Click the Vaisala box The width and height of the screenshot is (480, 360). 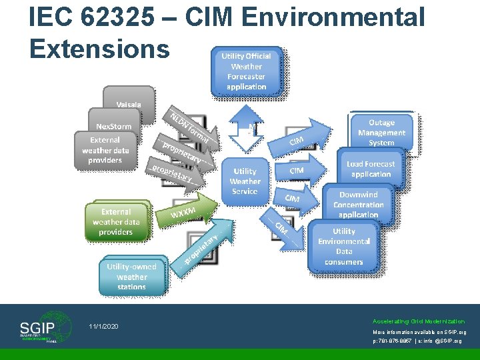[128, 104]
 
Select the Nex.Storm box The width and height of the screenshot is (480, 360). [114, 126]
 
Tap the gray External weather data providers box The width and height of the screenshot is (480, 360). [105, 150]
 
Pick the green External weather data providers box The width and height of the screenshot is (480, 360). [117, 221]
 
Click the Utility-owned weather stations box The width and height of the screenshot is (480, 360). [131, 276]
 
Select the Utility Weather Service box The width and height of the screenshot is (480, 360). [245, 181]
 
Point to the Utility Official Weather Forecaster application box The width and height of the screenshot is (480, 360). [246, 71]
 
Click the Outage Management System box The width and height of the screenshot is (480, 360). [381, 132]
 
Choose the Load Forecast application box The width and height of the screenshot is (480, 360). [371, 169]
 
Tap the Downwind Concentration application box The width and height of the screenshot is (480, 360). [359, 204]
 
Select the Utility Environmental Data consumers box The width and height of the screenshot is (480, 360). [344, 246]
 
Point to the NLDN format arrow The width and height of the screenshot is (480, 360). [193, 126]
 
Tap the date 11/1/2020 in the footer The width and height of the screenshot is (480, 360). [103, 327]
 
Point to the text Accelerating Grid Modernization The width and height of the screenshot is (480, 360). [419, 321]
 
